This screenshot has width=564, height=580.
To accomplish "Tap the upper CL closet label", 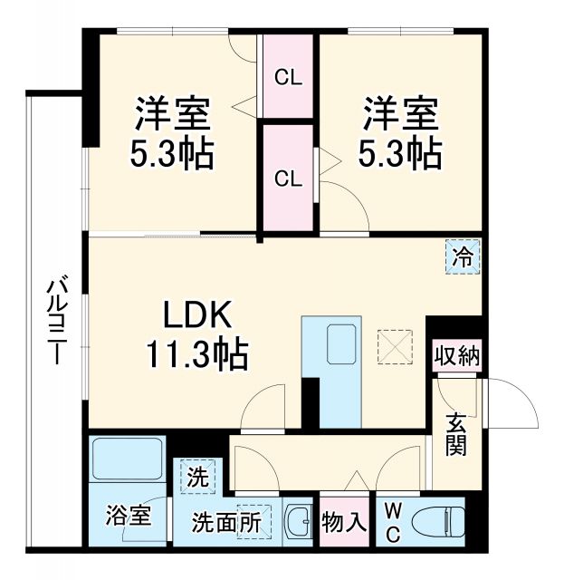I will [x=288, y=78].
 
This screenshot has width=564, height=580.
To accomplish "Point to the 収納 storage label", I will [x=455, y=354].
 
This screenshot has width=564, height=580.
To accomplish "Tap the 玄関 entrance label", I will [x=455, y=434].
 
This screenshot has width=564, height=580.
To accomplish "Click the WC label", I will [x=392, y=523].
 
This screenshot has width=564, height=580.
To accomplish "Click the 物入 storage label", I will [x=344, y=523].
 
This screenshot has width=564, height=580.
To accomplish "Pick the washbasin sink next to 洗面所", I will [x=298, y=522].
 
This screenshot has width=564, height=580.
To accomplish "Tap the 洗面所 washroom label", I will [x=225, y=523].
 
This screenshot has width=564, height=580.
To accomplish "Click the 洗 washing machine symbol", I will [x=196, y=475].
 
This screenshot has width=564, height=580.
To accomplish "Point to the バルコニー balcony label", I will [x=56, y=321].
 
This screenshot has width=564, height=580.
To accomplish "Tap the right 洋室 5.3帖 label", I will [x=403, y=134].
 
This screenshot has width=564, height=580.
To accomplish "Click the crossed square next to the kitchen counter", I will [x=395, y=343].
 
